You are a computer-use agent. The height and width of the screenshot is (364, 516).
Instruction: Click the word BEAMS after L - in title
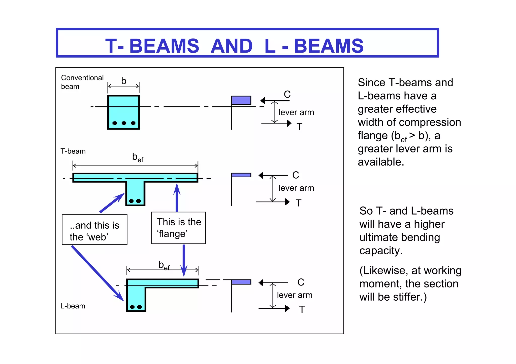329,46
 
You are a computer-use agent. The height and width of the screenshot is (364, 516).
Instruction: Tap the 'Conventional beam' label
82,82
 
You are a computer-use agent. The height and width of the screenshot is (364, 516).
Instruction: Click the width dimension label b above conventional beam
123,81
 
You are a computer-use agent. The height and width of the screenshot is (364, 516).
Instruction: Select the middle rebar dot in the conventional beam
124,123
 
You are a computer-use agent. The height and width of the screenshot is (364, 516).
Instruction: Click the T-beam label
73,151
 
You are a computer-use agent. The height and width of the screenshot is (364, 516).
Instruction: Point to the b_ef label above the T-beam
138,157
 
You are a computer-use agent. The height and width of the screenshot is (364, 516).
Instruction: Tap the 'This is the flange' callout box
178,228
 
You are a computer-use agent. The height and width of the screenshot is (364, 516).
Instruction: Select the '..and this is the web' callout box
94,230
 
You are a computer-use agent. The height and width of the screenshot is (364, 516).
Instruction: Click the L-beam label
73,306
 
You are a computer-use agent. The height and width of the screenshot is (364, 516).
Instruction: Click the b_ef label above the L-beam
164,265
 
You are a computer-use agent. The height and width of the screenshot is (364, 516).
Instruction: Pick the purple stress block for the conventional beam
241,100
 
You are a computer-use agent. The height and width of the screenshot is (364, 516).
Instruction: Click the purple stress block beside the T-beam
241,175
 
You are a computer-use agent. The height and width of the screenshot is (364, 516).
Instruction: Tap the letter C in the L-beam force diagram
301,282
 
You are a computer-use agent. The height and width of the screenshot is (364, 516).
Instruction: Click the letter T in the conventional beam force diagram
299,127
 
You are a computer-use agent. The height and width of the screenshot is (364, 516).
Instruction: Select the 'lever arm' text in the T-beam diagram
296,188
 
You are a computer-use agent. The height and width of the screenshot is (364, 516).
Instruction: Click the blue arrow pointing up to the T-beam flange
177,197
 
